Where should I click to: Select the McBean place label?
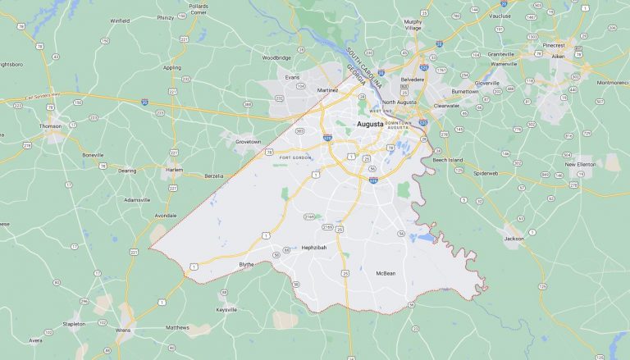pyautogui.click(x=386, y=272)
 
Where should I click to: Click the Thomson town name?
pyautogui.click(x=50, y=126)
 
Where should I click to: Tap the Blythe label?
pyautogui.click(x=246, y=264)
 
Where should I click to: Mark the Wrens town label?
pyautogui.click(x=124, y=330)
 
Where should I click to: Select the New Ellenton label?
pyautogui.click(x=580, y=164)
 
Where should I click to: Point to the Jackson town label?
pyautogui.click(x=514, y=238)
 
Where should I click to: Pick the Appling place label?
pyautogui.click(x=172, y=67)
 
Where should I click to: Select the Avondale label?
pyautogui.click(x=165, y=216)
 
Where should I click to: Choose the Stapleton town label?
pyautogui.click(x=74, y=324)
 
